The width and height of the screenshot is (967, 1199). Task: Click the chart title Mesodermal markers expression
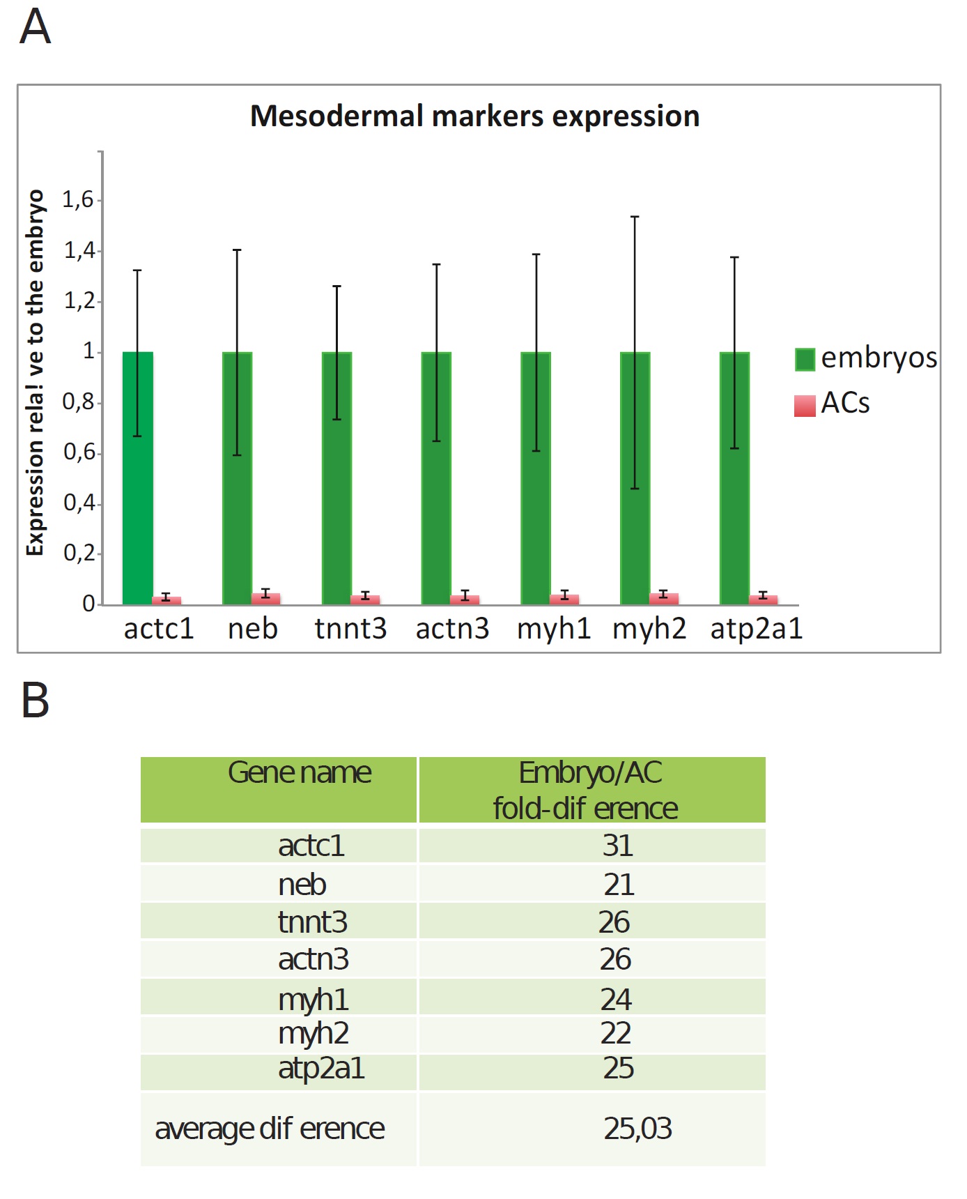[x=474, y=116]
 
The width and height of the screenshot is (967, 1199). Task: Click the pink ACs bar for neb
[x=265, y=598]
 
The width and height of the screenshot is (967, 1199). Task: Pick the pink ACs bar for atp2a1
[x=763, y=599]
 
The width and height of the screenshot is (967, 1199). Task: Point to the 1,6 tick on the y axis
[x=78, y=200]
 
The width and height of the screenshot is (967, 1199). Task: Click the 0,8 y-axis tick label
[x=78, y=402]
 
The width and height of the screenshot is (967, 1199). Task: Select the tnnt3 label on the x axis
[x=350, y=629]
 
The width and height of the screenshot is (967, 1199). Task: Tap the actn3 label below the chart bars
[x=452, y=629]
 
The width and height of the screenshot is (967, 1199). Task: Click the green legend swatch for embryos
[x=805, y=359]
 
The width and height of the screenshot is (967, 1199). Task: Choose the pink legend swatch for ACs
[x=805, y=405]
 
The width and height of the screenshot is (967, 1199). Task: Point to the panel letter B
[x=35, y=700]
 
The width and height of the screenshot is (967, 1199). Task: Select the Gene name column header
[x=300, y=773]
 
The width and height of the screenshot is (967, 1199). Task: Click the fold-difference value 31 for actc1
[x=617, y=846]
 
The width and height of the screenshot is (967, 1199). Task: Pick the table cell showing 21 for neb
[x=619, y=885]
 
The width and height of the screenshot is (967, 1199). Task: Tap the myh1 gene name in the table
[x=313, y=1000]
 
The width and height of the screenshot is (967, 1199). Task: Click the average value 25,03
[x=637, y=1129]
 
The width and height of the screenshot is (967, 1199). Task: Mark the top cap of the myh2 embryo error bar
[x=635, y=217]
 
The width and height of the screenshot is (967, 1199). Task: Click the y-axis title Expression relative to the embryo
[x=35, y=373]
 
